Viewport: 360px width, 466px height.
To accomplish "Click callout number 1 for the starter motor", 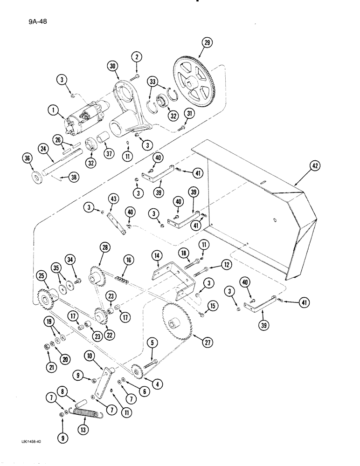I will point(55,111).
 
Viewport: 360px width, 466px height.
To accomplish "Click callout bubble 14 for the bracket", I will point(156,256).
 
